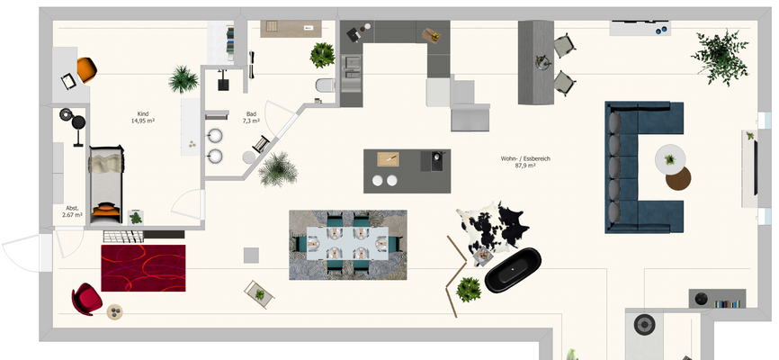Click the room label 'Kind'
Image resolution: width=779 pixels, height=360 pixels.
[x=142, y=113]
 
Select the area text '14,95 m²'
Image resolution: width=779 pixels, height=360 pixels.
[x=143, y=121]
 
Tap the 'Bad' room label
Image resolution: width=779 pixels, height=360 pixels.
[x=250, y=113]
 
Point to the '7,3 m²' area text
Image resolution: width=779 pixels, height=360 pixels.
[x=250, y=121]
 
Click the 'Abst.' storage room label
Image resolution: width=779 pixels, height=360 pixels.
[x=72, y=208]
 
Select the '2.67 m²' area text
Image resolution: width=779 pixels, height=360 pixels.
[x=72, y=215]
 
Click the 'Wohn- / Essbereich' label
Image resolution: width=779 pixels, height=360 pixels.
[x=525, y=158]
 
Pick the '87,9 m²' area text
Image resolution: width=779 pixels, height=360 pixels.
[x=525, y=166]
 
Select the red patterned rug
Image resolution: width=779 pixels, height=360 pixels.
[x=143, y=267]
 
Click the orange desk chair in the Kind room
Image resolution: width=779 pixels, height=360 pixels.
[x=86, y=68]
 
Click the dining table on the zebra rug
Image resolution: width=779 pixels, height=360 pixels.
[x=347, y=243]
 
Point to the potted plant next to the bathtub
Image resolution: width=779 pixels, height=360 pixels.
[x=468, y=289]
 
